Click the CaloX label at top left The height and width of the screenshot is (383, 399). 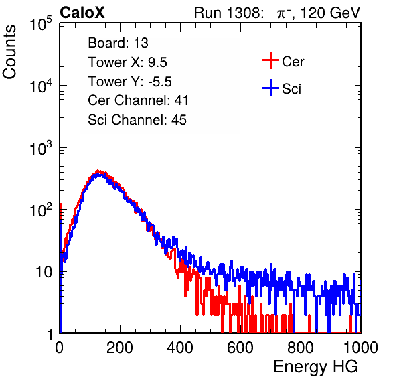(82, 13)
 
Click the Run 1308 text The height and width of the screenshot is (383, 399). (228, 13)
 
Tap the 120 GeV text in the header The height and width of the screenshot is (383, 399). (331, 13)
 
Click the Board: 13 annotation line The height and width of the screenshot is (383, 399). (118, 43)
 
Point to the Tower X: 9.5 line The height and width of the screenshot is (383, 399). (127, 62)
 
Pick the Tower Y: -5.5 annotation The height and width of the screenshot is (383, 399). (130, 82)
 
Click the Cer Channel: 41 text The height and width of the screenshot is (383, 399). (138, 100)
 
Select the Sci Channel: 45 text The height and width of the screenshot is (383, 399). (137, 120)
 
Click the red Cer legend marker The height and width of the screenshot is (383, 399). (270, 60)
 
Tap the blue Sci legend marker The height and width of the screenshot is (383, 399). (270, 88)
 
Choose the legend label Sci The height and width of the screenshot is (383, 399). (291, 89)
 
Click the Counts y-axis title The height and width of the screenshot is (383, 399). (9, 52)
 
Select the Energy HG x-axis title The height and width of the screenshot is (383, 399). (316, 367)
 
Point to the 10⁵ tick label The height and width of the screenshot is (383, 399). (41, 24)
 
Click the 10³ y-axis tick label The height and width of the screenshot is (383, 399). (41, 148)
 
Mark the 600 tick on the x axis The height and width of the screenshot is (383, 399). (240, 348)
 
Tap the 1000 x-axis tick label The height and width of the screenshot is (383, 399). (361, 348)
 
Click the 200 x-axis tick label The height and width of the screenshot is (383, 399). (120, 348)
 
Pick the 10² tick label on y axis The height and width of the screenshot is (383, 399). (41, 210)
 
